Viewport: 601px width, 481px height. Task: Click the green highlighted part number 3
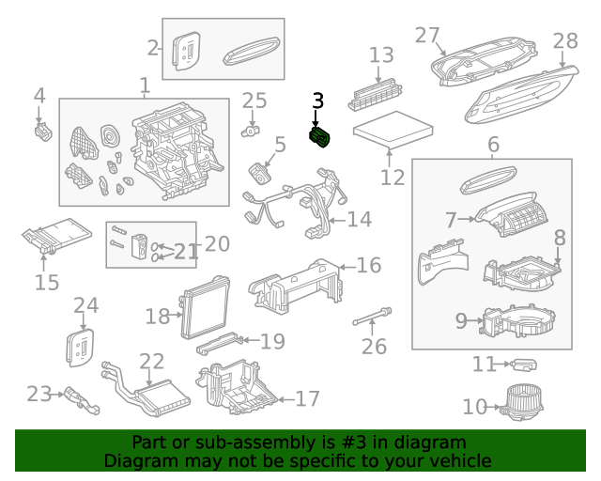319,137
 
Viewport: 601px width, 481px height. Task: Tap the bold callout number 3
318,101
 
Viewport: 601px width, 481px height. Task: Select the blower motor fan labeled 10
522,403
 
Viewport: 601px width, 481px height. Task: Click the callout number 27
427,36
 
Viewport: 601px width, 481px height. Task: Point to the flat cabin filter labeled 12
393,130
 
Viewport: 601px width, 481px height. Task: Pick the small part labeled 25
251,132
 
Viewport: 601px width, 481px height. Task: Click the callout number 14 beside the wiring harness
359,220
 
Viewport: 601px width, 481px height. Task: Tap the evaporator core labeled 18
206,308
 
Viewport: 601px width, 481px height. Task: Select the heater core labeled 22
146,390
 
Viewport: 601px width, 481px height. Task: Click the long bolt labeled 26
372,316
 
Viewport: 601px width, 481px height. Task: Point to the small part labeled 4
43,132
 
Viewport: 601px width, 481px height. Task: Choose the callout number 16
369,266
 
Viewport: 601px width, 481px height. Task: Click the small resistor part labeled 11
524,365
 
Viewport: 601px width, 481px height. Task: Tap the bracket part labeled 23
82,401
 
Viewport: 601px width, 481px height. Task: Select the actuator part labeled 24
80,348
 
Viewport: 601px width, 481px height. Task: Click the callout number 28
565,40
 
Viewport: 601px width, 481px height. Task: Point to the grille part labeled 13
376,94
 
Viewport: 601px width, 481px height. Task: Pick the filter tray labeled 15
56,235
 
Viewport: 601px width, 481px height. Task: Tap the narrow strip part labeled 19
219,343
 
